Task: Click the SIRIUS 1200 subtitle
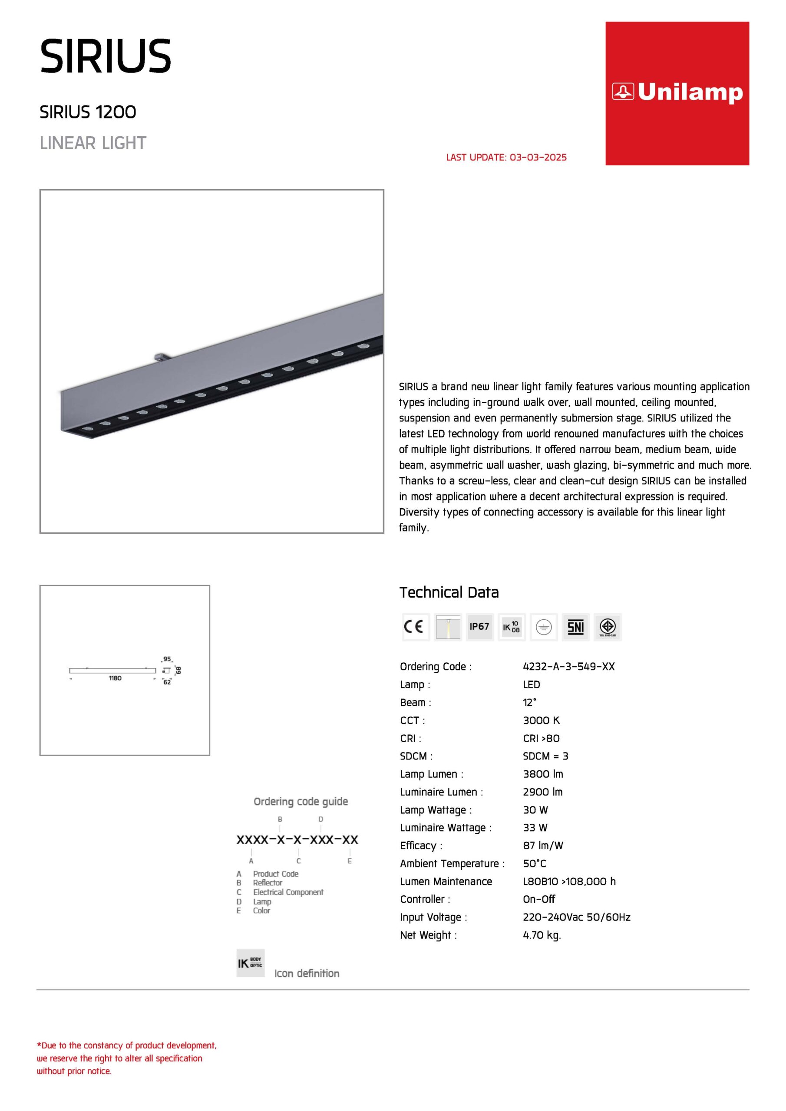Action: coord(88,112)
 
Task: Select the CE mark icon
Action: coord(415,627)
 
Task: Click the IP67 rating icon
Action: coord(479,627)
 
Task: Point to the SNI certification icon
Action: coord(575,627)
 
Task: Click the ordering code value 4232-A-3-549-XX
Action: coord(568,666)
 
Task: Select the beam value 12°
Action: coord(529,702)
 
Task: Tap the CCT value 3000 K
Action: coord(541,720)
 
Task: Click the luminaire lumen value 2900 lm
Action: coord(542,792)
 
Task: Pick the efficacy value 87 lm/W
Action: coord(543,845)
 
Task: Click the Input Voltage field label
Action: coord(433,917)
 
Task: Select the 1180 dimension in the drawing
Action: coord(115,678)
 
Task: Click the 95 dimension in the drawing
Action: coord(167,659)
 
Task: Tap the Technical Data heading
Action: coord(449,592)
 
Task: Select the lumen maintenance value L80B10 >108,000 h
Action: coord(569,881)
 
